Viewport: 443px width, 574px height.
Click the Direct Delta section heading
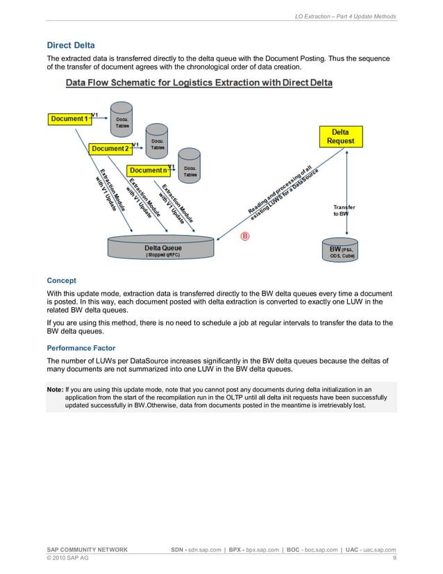tap(70, 45)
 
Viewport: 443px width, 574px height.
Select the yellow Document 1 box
tap(69, 119)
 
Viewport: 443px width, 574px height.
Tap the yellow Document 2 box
tap(110, 149)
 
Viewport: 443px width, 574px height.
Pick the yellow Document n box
tap(148, 170)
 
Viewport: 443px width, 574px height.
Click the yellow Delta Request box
tap(340, 136)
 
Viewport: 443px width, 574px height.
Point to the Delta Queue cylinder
tap(163, 249)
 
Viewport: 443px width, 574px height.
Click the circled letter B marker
tap(244, 236)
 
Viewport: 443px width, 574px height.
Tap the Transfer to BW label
tap(344, 211)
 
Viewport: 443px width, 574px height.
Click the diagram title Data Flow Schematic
tap(199, 83)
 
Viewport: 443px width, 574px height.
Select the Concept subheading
tap(61, 281)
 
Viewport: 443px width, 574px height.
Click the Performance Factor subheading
tap(81, 347)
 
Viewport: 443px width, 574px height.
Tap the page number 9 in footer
tap(394, 558)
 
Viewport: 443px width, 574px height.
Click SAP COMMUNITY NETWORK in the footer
tap(87, 550)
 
